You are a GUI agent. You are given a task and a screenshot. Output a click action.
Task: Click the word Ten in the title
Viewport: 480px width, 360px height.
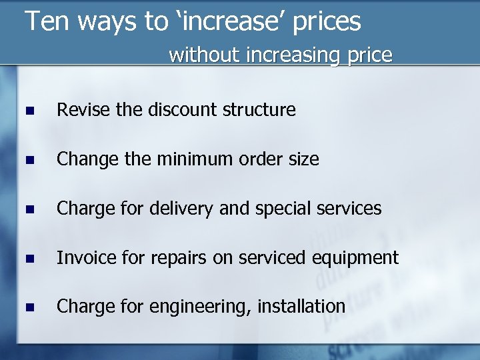(x=47, y=21)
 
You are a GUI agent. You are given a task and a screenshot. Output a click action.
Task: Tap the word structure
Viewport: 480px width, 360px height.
(x=261, y=109)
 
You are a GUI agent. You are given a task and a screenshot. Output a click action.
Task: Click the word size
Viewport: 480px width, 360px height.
(x=303, y=159)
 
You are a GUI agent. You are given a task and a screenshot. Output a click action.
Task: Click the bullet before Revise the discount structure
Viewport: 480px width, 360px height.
(x=27, y=111)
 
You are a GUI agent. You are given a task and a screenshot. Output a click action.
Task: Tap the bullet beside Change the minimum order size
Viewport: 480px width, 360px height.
(x=27, y=160)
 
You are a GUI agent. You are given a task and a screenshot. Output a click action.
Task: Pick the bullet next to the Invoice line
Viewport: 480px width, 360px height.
(x=27, y=259)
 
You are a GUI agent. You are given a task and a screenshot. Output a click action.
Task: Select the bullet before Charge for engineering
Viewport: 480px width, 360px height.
(x=27, y=308)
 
